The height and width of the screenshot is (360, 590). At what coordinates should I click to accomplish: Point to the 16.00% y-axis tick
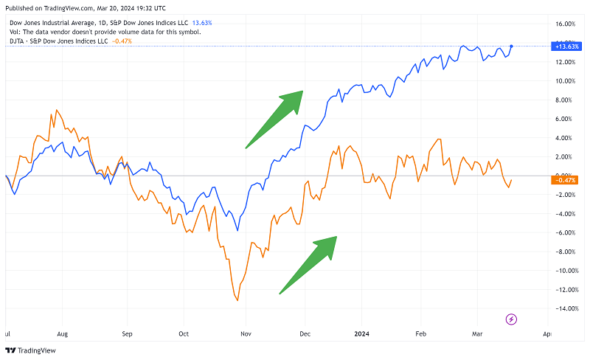click(x=564, y=23)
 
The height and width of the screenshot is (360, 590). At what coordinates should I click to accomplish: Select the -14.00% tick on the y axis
click(x=564, y=308)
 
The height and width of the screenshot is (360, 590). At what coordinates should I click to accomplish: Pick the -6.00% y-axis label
click(x=565, y=232)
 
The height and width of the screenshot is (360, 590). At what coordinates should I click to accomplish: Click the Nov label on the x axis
click(x=244, y=333)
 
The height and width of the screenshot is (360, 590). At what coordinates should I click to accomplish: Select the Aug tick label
click(x=63, y=333)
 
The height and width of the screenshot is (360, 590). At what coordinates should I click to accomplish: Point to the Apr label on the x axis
click(x=546, y=333)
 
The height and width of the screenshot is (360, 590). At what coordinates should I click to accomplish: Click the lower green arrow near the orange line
click(x=308, y=264)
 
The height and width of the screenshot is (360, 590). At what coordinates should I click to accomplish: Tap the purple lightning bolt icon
click(x=512, y=319)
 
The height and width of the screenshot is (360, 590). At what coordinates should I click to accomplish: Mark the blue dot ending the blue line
click(x=511, y=46)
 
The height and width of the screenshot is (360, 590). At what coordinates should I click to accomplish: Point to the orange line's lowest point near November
click(x=237, y=300)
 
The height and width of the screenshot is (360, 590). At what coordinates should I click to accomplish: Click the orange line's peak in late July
click(x=51, y=113)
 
